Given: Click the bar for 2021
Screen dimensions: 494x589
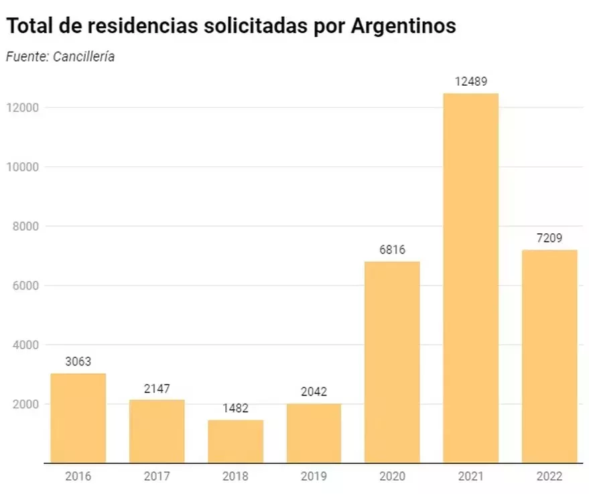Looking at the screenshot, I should [471, 278].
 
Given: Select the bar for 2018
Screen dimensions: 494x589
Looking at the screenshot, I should [236, 441].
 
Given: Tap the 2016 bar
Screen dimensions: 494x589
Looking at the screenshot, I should [78, 418].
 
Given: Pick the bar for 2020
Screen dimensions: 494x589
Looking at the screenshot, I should [392, 362].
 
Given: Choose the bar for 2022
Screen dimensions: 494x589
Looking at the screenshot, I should [549, 356].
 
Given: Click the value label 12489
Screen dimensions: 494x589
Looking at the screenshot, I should [471, 82].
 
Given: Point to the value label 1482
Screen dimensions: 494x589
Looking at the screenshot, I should [235, 408].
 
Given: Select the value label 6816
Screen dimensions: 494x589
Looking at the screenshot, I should [392, 250].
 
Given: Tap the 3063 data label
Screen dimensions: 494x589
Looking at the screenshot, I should [78, 362].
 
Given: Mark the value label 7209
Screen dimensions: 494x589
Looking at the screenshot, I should [549, 238].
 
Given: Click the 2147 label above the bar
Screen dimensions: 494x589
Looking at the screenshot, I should [157, 389].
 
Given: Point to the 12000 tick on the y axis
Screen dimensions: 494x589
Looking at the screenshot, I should [22, 107].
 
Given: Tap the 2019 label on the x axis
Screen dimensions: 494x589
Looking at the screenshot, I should [314, 477].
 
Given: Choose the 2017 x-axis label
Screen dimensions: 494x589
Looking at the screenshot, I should [157, 477].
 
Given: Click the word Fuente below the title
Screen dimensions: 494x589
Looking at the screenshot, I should [25, 57].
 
